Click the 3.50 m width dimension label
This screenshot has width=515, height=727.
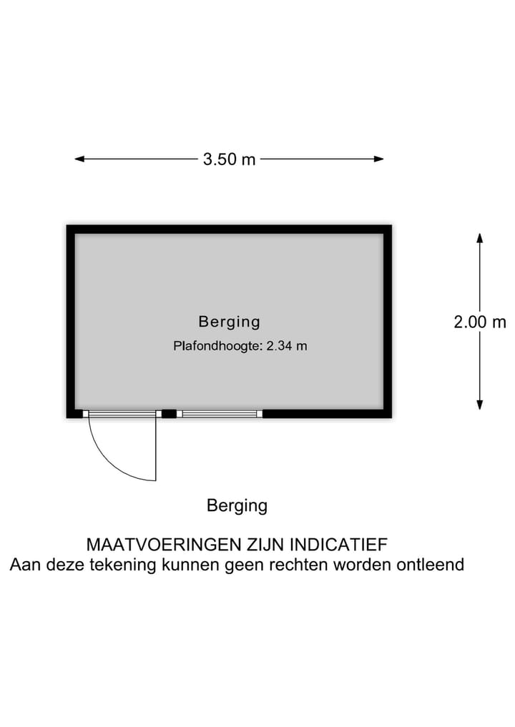pos(229,159)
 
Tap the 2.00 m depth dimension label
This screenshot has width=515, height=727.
pos(480,322)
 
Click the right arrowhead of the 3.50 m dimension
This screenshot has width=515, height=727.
pos(378,159)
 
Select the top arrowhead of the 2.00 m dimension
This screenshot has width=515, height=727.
pos(480,238)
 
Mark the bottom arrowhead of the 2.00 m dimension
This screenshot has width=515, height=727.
pos(480,405)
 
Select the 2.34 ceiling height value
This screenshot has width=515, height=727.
pos(279,346)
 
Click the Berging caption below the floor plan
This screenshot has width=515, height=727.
pos(237,506)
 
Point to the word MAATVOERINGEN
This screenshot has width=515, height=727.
pos(164,544)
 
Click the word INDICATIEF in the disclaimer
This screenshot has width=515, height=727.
pos(339,544)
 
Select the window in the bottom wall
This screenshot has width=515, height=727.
pos(220,414)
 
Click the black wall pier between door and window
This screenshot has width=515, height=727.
pos(169,414)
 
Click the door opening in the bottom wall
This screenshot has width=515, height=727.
pos(122,414)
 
